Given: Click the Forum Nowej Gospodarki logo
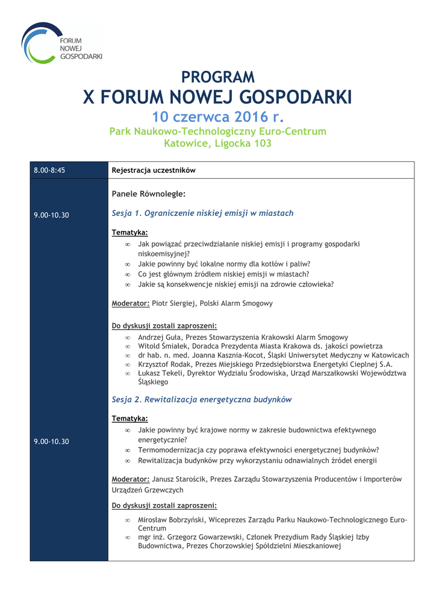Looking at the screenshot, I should point(61,43).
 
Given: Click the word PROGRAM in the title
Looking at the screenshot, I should point(218,77).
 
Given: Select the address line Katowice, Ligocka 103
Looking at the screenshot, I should point(217,143).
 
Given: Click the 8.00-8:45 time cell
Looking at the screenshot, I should point(49,170).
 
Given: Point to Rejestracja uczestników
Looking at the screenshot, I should point(154,170).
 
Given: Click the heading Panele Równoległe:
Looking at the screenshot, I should point(148,194).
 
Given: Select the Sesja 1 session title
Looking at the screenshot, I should point(202,213).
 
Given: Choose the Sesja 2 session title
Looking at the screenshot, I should point(202,399).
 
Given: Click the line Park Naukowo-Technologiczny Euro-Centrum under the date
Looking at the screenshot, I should point(217,131).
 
